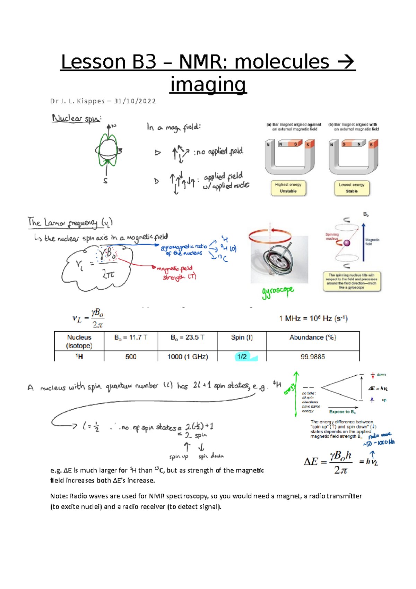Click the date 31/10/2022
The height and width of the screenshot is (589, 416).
[x=135, y=101]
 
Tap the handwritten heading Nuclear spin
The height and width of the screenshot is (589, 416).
[x=77, y=119]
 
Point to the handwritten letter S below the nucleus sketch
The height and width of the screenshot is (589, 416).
[x=105, y=181]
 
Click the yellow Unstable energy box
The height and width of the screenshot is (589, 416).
[x=288, y=188]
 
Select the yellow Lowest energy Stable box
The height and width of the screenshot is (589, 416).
[x=352, y=188]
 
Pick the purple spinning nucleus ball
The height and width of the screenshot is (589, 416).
[x=347, y=243]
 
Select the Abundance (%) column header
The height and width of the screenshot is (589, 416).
[x=313, y=338]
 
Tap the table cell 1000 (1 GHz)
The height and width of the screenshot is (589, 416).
[x=188, y=356]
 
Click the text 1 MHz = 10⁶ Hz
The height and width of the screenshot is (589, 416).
[x=313, y=318]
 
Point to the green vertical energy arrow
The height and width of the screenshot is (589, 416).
[x=296, y=394]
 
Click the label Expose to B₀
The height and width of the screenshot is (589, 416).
[x=342, y=412]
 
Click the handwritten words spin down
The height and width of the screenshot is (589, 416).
[x=211, y=456]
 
